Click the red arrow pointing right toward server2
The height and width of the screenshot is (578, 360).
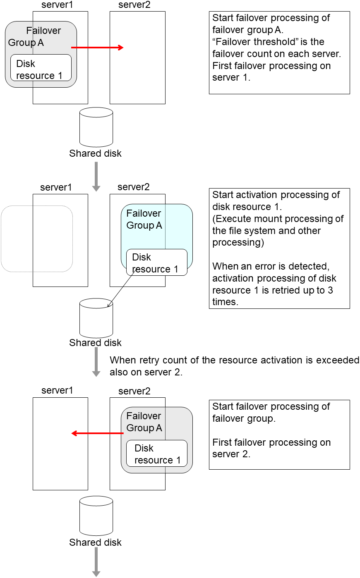(x=97, y=48)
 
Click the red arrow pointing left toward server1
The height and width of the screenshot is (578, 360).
(x=97, y=433)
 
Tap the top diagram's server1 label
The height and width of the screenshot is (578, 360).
(x=57, y=5)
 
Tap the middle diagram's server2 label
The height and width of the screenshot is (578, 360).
(x=133, y=187)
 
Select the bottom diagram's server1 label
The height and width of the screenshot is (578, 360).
(x=57, y=391)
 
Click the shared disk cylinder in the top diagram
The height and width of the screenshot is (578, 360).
(x=96, y=127)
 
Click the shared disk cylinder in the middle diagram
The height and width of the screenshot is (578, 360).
(x=96, y=318)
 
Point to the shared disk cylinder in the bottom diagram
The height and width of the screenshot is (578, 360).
(x=96, y=516)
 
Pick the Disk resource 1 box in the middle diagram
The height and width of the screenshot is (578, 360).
(x=156, y=262)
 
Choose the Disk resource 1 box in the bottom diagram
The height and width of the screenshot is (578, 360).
(x=156, y=453)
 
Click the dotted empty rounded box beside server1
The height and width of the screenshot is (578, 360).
(x=17, y=239)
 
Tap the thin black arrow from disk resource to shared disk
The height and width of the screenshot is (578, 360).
(x=121, y=290)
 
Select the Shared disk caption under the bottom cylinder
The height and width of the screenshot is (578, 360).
(x=95, y=542)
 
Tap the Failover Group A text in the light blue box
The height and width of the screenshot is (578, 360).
(x=144, y=220)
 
